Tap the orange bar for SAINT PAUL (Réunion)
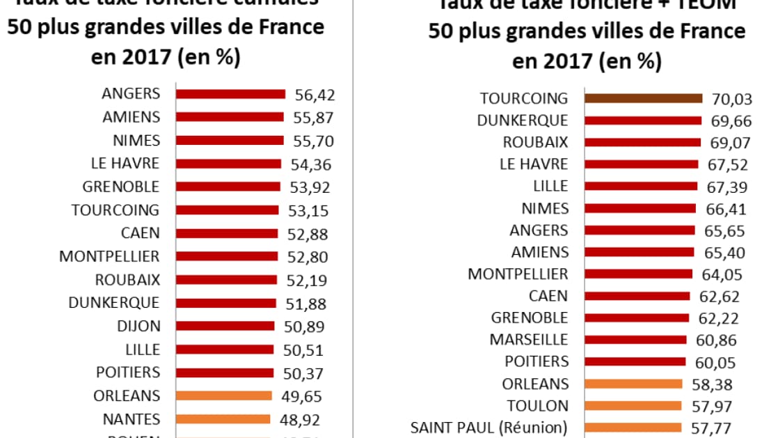click(633, 428)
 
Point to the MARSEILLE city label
click(529, 340)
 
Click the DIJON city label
click(139, 326)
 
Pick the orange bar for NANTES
click(223, 419)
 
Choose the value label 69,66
click(731, 121)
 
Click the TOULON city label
click(537, 406)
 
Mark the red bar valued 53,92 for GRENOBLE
click(228, 187)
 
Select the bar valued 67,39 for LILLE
click(640, 186)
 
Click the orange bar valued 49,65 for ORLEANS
click(223, 396)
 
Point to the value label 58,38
click(710, 384)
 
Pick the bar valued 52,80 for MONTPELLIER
click(226, 256)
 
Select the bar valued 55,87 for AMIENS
click(230, 117)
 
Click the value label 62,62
click(719, 297)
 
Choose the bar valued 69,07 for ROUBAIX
click(642, 142)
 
